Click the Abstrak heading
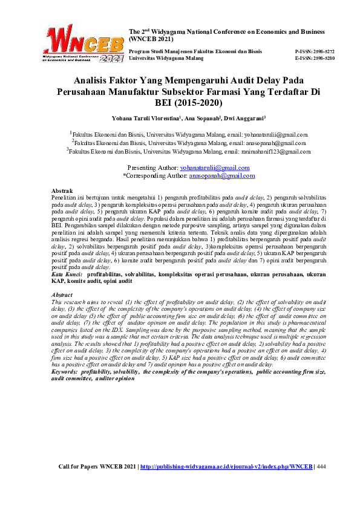click(x=62, y=190)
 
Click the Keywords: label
click(x=68, y=372)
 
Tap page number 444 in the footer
click(x=321, y=467)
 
